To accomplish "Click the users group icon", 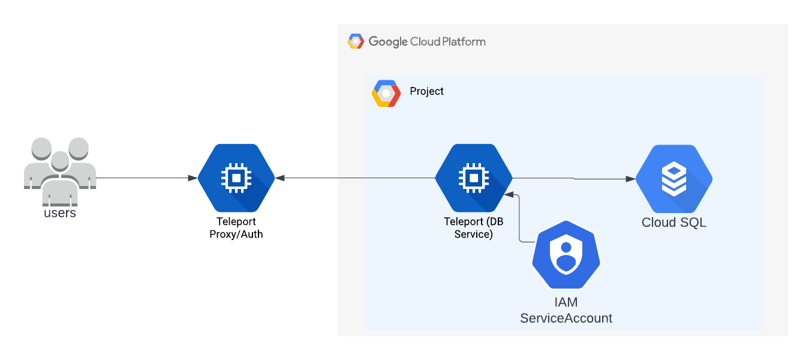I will (x=60, y=168).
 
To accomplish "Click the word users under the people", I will (x=60, y=212).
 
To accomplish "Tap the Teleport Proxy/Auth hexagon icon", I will (x=236, y=178).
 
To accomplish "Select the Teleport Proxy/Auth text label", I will (x=236, y=228).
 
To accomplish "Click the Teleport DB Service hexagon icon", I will (x=474, y=178).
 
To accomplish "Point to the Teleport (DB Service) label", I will (x=474, y=228).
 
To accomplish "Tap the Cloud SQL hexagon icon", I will (x=674, y=178).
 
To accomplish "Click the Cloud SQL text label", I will (x=674, y=223).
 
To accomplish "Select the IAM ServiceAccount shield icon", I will (x=566, y=256).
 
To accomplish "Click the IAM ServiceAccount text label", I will (x=566, y=311).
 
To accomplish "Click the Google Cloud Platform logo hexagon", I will (x=356, y=41).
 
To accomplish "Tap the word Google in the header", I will (x=388, y=41).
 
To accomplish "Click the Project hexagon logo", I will (x=386, y=93).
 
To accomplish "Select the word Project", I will (x=427, y=91).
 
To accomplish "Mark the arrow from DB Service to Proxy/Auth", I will (x=354, y=178).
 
